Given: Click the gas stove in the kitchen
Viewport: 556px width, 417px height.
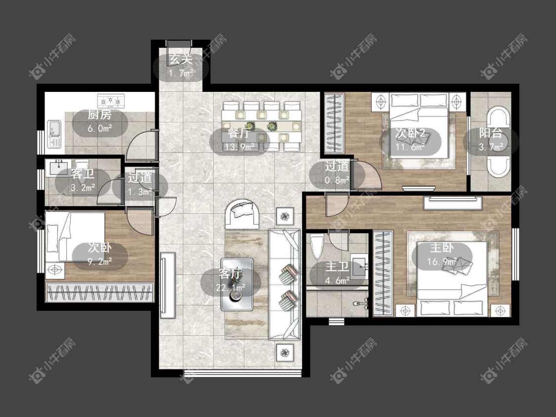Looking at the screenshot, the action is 111,101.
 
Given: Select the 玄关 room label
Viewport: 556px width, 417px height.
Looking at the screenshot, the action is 181,59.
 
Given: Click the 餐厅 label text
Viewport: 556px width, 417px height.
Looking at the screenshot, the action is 239,133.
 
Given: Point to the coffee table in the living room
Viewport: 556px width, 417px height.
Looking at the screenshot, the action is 237,285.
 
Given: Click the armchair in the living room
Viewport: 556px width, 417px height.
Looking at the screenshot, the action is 243,214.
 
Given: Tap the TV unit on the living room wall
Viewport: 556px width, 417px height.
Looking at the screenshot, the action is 168,285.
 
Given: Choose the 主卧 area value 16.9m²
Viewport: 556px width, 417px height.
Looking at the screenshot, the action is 442,262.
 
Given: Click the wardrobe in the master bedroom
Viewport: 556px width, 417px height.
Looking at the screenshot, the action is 383,273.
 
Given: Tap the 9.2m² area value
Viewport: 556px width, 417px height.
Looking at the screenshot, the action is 100,262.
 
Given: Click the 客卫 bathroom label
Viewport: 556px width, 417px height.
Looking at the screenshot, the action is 83,174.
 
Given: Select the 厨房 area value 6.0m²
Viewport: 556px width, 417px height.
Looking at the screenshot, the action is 100,128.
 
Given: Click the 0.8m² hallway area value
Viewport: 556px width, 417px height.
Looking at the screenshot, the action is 337,180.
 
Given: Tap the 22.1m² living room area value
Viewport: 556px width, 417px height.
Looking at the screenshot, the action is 230,287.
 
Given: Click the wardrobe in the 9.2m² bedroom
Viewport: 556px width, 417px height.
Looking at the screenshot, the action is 100,292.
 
